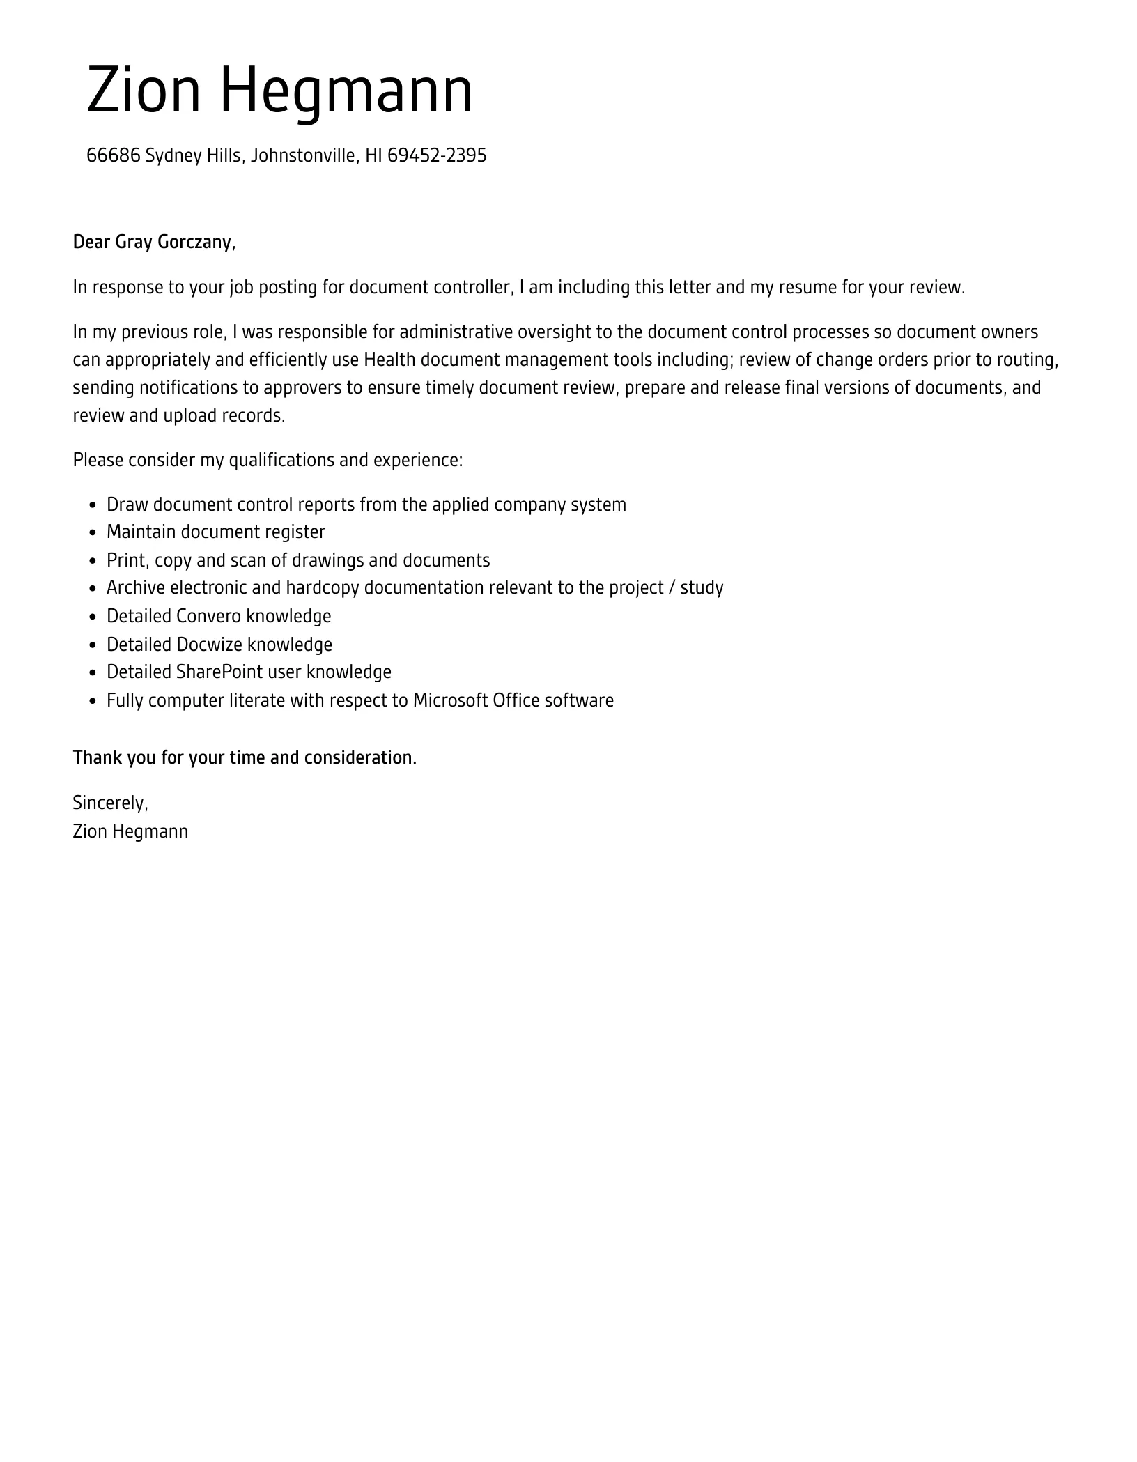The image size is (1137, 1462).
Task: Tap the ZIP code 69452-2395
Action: [x=436, y=155]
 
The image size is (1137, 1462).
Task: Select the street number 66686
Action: [x=113, y=155]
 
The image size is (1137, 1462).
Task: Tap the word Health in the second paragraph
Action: [x=389, y=360]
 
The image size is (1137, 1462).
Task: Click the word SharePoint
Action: [x=219, y=672]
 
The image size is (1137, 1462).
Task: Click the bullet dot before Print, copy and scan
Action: [x=93, y=562]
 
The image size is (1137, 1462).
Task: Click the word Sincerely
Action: [x=110, y=803]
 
